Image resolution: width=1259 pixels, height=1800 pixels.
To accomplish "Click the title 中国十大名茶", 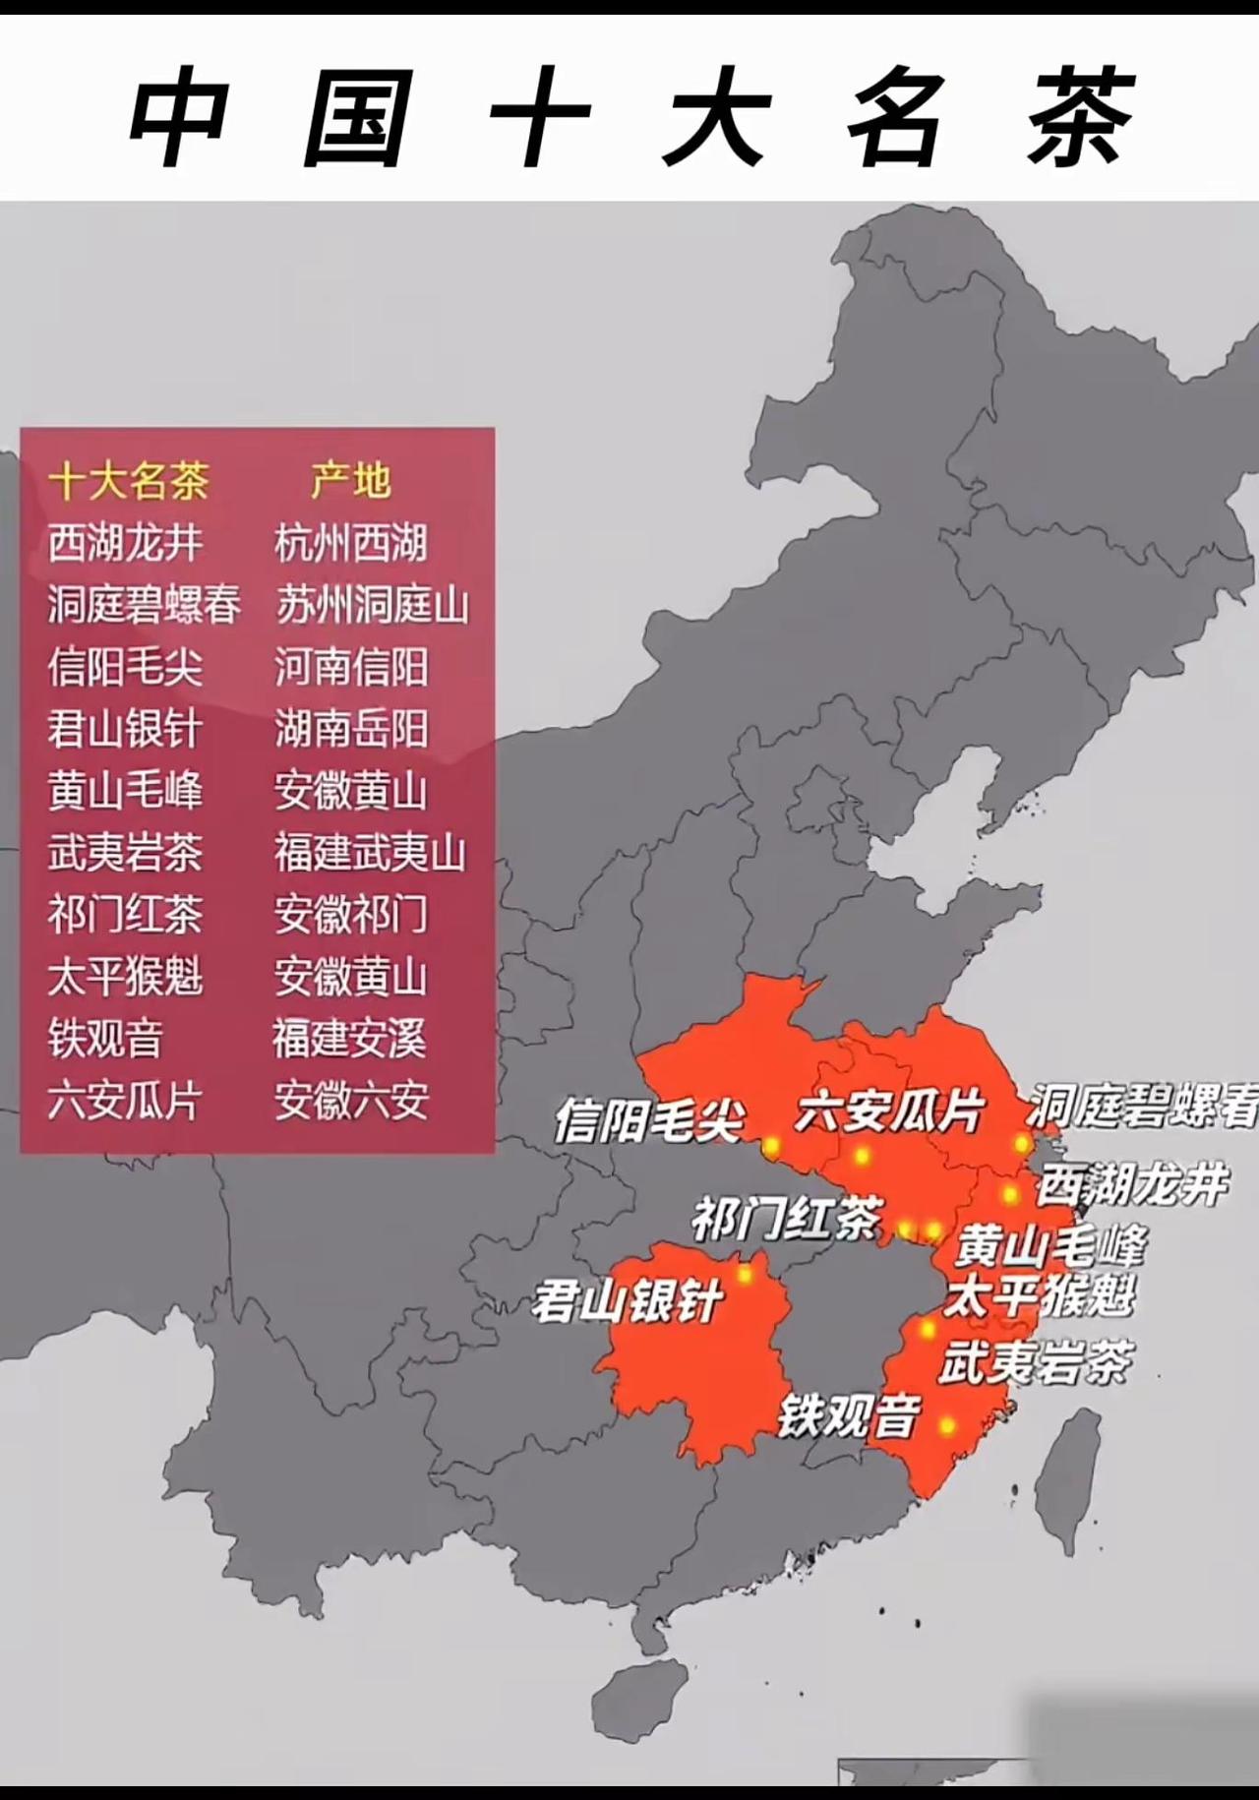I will coord(629,118).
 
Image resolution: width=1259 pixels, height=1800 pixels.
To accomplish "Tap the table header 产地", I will coord(350,481).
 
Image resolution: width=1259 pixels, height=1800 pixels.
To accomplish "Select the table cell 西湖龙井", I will coord(125,543).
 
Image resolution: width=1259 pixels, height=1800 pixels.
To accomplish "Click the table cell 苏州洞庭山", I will coord(371,605).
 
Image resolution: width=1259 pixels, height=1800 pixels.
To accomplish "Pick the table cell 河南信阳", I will coord(350,667).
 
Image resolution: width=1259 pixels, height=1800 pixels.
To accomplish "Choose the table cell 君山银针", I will coord(125,729).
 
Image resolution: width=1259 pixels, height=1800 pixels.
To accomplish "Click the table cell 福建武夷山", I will coord(370,853).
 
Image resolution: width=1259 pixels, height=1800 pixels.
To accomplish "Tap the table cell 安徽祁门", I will coord(350,915).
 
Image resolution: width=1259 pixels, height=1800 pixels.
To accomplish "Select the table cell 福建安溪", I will coord(349,1039).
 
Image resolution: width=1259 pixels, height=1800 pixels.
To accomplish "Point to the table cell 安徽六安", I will coord(350,1101).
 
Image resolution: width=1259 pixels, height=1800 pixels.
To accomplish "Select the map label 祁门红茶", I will coord(787,1220).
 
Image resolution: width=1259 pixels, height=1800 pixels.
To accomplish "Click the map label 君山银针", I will coord(628,1301).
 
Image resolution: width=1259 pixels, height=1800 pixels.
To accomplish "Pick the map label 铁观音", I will coord(848,1417).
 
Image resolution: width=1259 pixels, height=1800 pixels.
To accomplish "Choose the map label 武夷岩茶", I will coord(1035,1363).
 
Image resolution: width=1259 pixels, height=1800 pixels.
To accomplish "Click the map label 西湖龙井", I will coord(1131,1184).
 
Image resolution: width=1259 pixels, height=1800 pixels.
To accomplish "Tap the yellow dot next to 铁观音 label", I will coord(946,1425).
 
